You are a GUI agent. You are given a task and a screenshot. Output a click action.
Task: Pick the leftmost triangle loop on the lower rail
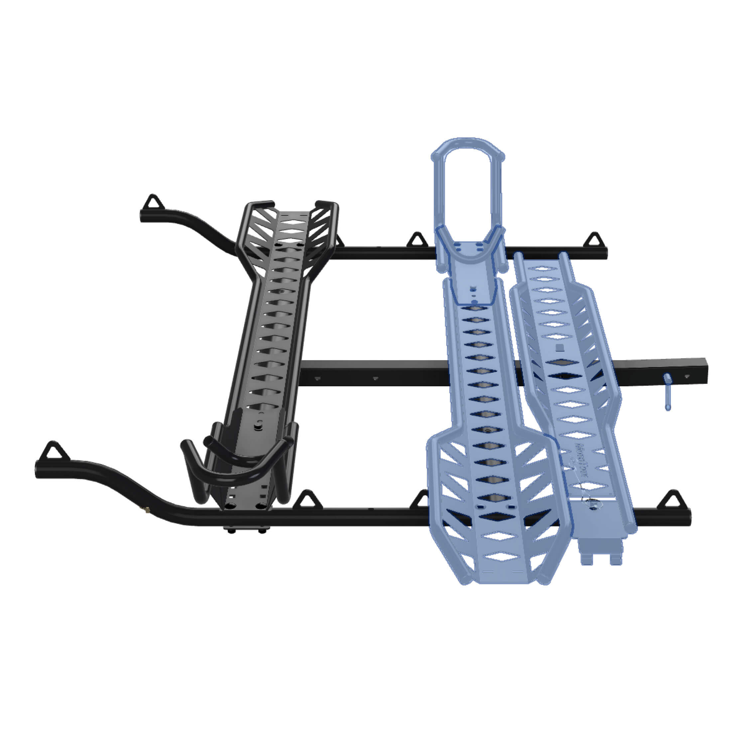(54, 450)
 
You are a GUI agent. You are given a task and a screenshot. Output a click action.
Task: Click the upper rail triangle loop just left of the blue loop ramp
(417, 240)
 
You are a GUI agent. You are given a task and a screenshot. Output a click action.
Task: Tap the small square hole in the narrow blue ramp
(559, 347)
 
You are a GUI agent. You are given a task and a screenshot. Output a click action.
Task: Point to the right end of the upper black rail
(604, 254)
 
